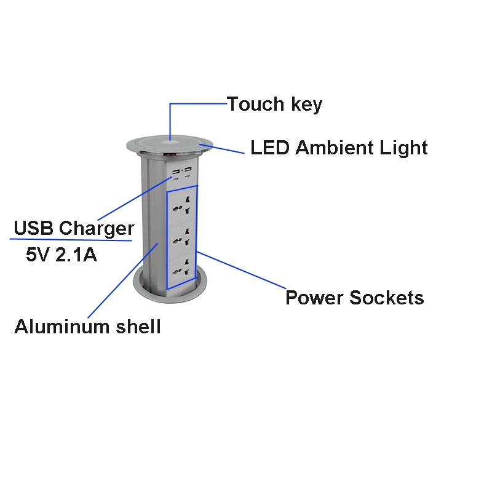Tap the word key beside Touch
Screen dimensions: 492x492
pos(306,105)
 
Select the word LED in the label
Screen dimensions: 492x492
pos(269,148)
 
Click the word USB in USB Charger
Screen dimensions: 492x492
pos(34,228)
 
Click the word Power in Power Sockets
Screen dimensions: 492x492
pos(314,298)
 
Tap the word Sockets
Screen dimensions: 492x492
pos(387,298)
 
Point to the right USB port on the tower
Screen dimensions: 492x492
pos(187,170)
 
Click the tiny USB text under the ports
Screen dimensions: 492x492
pos(175,179)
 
